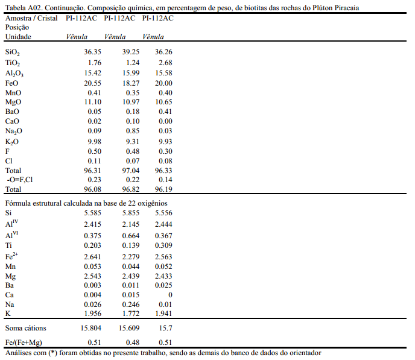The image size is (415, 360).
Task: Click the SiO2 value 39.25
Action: [131, 52]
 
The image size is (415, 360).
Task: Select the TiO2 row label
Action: [13, 63]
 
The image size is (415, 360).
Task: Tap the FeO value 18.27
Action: [131, 83]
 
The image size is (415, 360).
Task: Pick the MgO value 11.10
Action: [93, 102]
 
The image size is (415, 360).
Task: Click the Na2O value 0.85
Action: [133, 131]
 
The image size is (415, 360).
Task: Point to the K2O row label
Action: [12, 142]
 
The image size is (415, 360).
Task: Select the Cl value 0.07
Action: [133, 161]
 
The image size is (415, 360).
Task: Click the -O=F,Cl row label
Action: [20, 180]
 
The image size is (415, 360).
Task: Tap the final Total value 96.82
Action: [131, 189]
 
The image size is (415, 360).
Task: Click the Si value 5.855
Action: [131, 213]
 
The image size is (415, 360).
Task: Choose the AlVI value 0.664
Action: [131, 235]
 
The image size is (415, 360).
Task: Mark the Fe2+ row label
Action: [11, 256]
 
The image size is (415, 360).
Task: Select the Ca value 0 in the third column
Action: [170, 295]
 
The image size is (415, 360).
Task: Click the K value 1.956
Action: [93, 314]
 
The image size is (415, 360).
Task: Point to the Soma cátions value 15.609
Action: [129, 328]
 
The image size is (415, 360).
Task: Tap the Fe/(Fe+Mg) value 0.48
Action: [133, 343]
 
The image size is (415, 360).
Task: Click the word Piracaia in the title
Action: [347, 8]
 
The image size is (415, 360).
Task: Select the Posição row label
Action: [17, 27]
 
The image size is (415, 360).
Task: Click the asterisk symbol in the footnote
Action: [52, 352]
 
